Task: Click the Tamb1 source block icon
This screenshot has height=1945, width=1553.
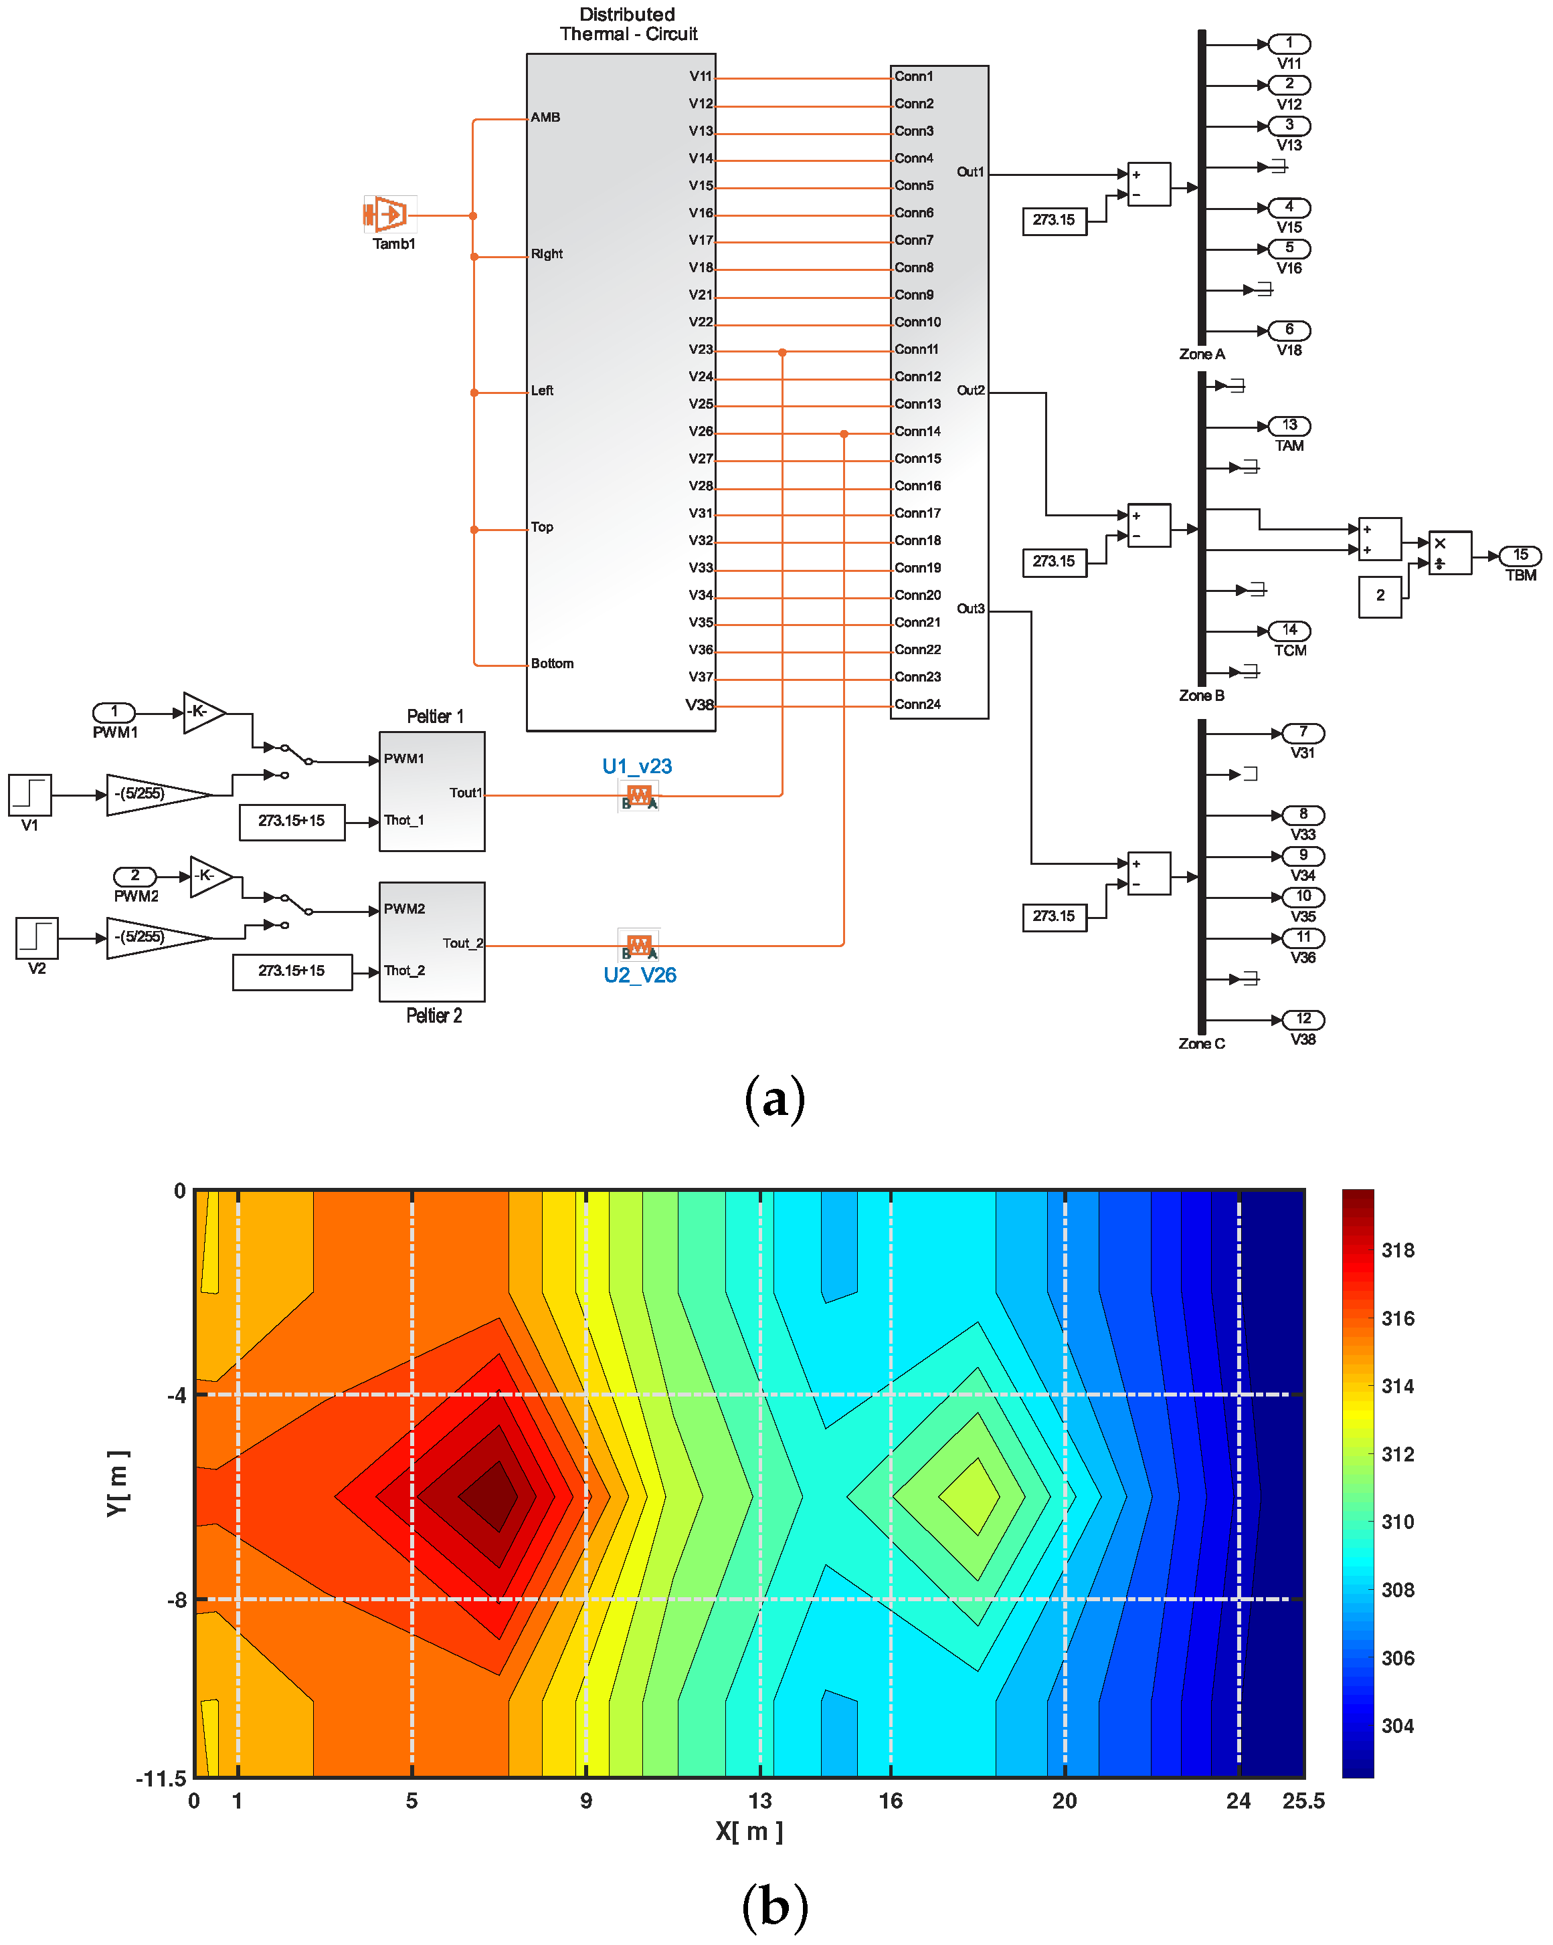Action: point(390,215)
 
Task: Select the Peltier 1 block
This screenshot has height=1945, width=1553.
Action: point(432,791)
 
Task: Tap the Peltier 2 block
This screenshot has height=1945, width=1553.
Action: point(432,942)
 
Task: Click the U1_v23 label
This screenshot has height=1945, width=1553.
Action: point(637,766)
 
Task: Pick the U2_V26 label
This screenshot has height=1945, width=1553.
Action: point(640,975)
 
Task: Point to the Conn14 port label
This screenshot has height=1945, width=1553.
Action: point(917,431)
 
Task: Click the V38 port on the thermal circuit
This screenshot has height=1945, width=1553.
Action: point(699,704)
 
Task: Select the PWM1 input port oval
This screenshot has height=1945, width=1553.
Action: point(114,712)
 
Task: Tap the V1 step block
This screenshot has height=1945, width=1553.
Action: point(30,795)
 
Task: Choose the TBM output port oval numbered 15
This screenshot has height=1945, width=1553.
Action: point(1520,555)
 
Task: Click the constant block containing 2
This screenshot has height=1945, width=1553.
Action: point(1380,595)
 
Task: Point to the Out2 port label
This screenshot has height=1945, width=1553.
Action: point(970,391)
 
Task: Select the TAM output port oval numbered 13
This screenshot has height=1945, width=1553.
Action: point(1289,425)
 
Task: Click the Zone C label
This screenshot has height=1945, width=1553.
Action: point(1201,1044)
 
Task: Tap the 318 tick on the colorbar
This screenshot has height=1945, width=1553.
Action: point(1398,1250)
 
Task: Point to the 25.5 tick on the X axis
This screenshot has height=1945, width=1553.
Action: point(1303,1801)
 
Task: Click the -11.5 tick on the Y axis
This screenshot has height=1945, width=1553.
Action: point(161,1778)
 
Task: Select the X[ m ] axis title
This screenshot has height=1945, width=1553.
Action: point(749,1831)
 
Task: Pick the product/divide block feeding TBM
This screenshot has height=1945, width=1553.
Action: point(1449,552)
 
